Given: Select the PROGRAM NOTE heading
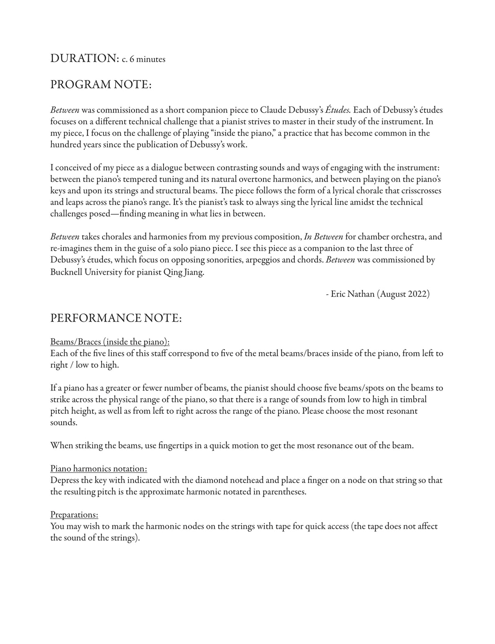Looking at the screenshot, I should (x=101, y=84).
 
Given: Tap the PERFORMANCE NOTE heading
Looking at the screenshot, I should (x=116, y=318).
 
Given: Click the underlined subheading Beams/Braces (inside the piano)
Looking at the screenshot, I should (x=110, y=342).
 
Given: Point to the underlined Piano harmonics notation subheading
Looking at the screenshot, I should (x=99, y=468).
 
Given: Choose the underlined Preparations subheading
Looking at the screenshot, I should (x=74, y=514).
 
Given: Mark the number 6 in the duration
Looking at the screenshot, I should (x=132, y=60).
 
